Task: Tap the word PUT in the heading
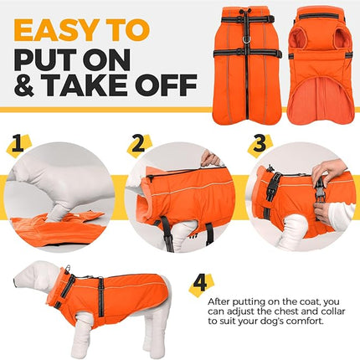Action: pos(50,59)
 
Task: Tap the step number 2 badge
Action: pos(139,144)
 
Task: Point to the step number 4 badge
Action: pos(199,283)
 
